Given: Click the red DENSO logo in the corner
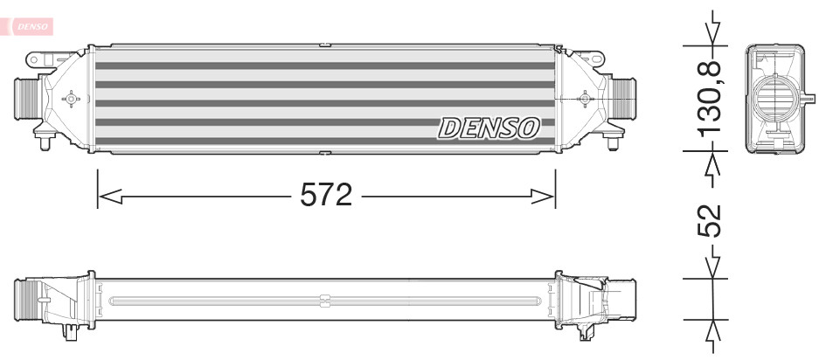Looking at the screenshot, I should click(x=31, y=27).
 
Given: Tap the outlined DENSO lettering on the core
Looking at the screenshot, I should click(x=489, y=128).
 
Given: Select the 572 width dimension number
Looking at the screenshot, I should click(x=325, y=196).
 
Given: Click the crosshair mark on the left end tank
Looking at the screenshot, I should click(x=71, y=99).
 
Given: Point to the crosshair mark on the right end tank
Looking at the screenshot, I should click(x=584, y=99).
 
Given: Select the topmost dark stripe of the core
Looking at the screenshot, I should click(x=324, y=66).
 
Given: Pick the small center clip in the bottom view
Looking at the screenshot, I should click(x=324, y=301).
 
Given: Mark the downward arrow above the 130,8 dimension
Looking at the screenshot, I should click(x=715, y=31).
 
